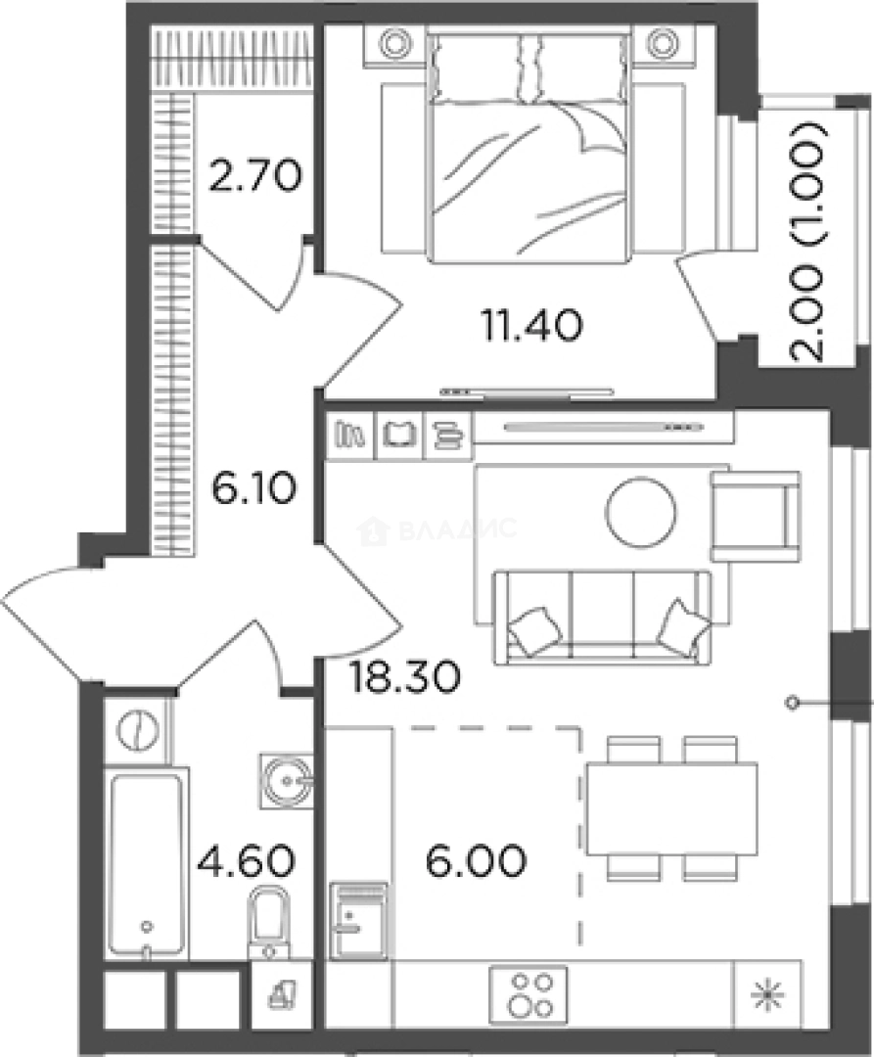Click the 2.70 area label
pos(254,175)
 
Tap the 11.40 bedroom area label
pos(531,326)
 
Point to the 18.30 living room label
pos(405,676)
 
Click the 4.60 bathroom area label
pos(246,861)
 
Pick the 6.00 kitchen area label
pos(477,861)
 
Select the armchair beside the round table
pos(756,517)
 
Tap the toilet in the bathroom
pos(269,922)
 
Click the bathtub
pos(147,865)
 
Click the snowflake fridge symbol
pos(767,995)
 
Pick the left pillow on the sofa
pos(535,630)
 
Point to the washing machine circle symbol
pos(137,729)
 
